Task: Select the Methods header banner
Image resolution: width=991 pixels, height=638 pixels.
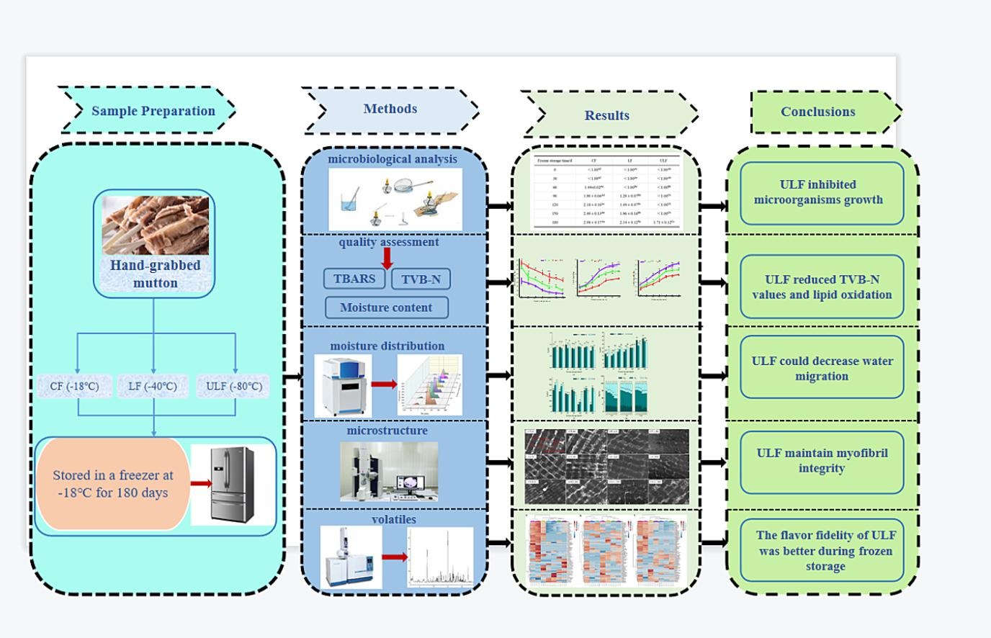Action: coord(390,109)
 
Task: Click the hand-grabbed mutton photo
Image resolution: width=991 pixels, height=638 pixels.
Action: coord(156,225)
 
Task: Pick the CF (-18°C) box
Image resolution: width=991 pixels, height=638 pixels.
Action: coord(75,386)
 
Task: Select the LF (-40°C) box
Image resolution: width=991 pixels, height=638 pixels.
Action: coord(153,386)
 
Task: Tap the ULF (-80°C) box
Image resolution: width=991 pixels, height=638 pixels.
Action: coord(234,386)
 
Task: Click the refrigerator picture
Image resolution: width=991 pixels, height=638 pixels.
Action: coord(233,484)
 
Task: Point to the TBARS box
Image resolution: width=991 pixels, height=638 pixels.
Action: coord(354,279)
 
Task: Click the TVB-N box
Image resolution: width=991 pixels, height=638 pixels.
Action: coord(421,279)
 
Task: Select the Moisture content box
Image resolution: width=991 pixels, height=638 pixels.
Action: coord(386,307)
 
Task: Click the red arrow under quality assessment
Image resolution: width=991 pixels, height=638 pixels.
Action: coord(387,258)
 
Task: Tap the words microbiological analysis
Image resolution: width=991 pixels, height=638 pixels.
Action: coord(393,158)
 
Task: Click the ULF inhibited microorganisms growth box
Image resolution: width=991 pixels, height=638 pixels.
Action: coord(821,193)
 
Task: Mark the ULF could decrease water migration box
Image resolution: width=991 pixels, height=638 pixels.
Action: coord(822,367)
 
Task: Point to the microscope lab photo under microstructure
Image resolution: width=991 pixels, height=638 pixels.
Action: coord(389,472)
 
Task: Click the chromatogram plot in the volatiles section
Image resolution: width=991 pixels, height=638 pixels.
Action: coord(440,557)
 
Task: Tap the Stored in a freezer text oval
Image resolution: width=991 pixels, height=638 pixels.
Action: coord(113,484)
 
